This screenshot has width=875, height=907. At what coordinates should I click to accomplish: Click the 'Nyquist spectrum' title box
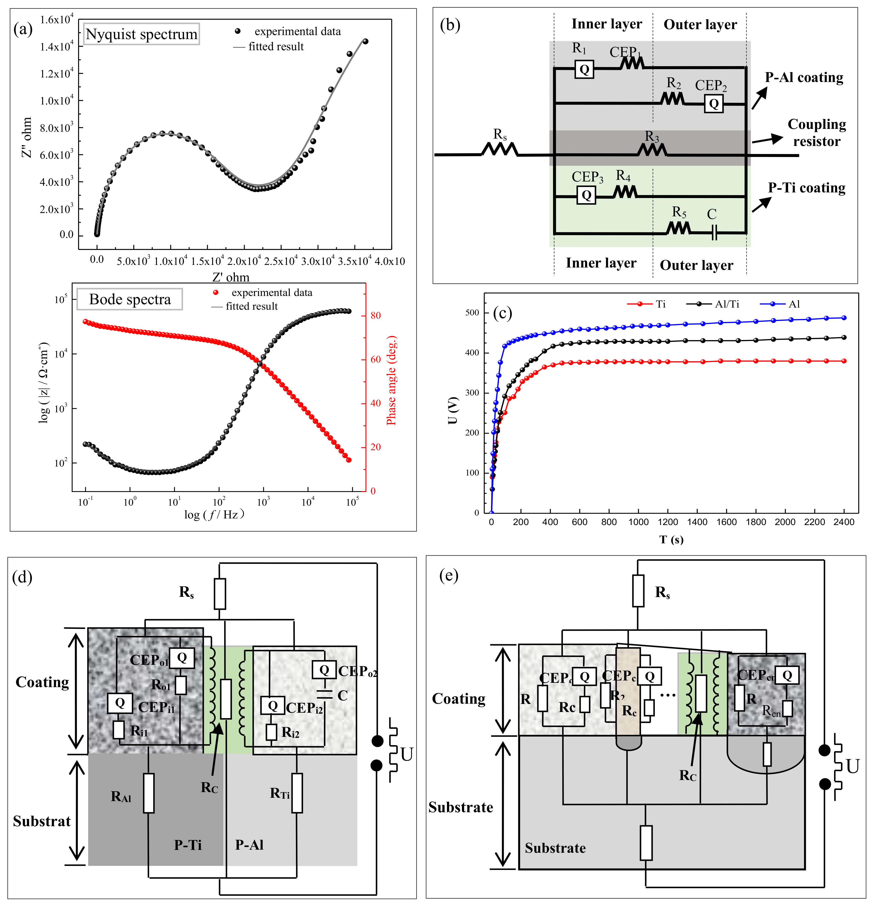(142, 34)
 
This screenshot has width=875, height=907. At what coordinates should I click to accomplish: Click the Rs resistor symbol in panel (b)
(500, 149)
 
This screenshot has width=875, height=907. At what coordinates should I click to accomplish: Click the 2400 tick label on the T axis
(844, 522)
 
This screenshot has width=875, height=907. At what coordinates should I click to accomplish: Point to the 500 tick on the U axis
(472, 313)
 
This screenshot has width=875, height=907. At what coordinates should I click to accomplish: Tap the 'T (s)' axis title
(671, 540)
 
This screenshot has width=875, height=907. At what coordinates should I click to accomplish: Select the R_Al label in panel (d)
(121, 796)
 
